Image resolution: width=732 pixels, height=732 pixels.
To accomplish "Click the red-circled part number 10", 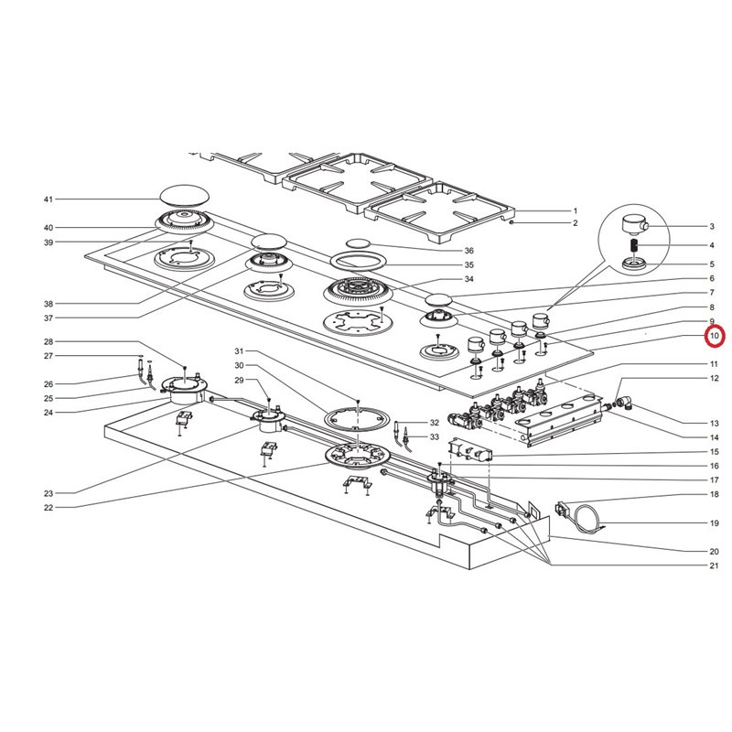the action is pos(715,336).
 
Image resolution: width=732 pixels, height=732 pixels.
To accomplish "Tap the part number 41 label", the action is pos(48,199).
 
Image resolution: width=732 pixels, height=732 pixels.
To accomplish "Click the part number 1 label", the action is pos(576,211).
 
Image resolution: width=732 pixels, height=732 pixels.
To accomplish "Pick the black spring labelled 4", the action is pos(634,244).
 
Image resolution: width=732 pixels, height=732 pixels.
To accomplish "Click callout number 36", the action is pos(468,251).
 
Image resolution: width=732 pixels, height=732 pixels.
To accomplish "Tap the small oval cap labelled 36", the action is pos(358,243).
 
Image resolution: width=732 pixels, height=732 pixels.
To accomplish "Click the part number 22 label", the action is pos(48,508).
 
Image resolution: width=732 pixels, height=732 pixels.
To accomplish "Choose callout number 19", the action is pos(715,522).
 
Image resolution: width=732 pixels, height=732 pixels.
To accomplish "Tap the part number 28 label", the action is pos(48,341).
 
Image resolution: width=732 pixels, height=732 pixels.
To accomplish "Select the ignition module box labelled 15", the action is pos(470,450).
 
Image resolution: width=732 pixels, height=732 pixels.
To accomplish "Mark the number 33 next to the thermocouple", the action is pos(435,437).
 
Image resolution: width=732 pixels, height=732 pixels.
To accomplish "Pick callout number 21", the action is pos(715,565).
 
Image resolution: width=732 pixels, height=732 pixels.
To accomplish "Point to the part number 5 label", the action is pos(712,264).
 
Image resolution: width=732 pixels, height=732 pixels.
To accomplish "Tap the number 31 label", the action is pos(239,350).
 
